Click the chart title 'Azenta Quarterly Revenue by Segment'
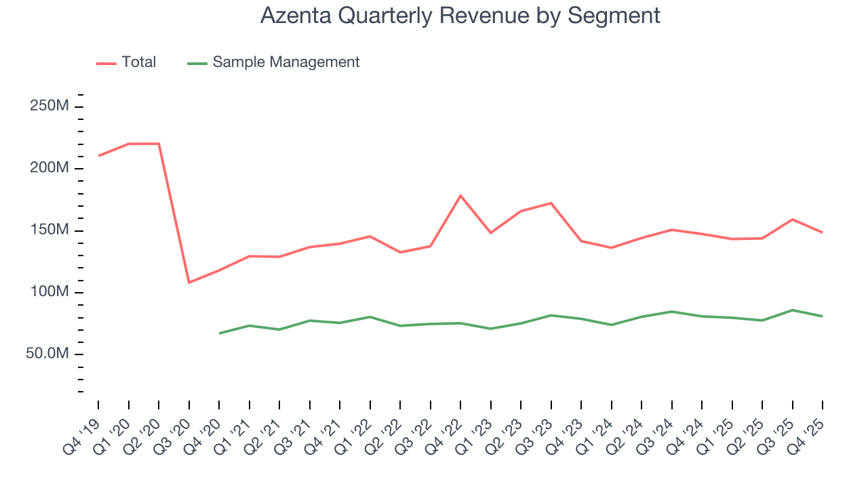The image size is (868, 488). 460,15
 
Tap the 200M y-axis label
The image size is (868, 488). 49,168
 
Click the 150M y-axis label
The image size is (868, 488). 49,230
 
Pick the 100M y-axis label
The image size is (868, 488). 49,292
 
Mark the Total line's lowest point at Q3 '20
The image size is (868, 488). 189,282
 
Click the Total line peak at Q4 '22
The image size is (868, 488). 460,196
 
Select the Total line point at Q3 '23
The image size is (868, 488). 551,203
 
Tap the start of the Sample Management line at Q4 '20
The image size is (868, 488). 219,333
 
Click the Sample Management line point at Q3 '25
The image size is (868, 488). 792,310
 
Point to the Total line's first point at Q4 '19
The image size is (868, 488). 98,156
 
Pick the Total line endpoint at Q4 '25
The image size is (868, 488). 822,232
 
